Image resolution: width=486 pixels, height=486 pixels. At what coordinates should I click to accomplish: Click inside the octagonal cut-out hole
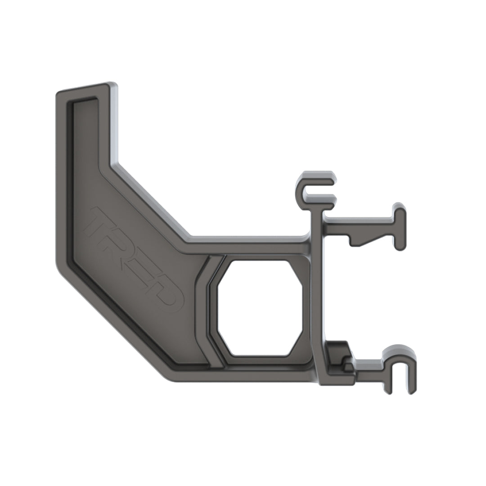[260, 308]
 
